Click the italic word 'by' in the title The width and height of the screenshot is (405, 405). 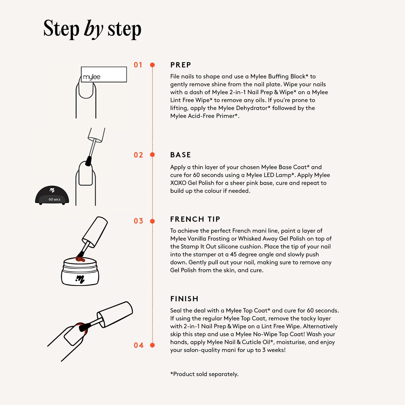pyautogui.click(x=93, y=29)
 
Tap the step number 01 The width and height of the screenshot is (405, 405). pyautogui.click(x=138, y=65)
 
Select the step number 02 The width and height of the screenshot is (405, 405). pyautogui.click(x=138, y=155)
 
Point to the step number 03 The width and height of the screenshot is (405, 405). pyautogui.click(x=138, y=221)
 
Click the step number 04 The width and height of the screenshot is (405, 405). pyautogui.click(x=138, y=345)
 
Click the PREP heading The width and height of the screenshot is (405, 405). pyautogui.click(x=180, y=65)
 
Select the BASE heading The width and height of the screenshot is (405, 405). pyautogui.click(x=180, y=155)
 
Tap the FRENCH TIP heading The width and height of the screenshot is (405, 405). pyautogui.click(x=195, y=219)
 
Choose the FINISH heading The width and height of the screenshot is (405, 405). pyautogui.click(x=184, y=299)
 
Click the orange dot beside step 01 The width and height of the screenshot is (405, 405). pyautogui.click(x=152, y=65)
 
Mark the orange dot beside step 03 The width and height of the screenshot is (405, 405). pyautogui.click(x=152, y=221)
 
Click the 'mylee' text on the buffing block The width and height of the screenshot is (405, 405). pyautogui.click(x=92, y=77)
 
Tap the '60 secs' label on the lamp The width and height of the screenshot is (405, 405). pyautogui.click(x=54, y=199)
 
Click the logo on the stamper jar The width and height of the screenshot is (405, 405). pyautogui.click(x=80, y=279)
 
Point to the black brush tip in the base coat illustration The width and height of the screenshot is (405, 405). pyautogui.click(x=89, y=161)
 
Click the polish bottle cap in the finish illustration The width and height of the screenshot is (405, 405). pyautogui.click(x=115, y=315)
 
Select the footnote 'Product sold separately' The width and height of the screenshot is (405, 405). pyautogui.click(x=204, y=374)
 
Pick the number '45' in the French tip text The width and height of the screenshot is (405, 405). pyautogui.click(x=233, y=254)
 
